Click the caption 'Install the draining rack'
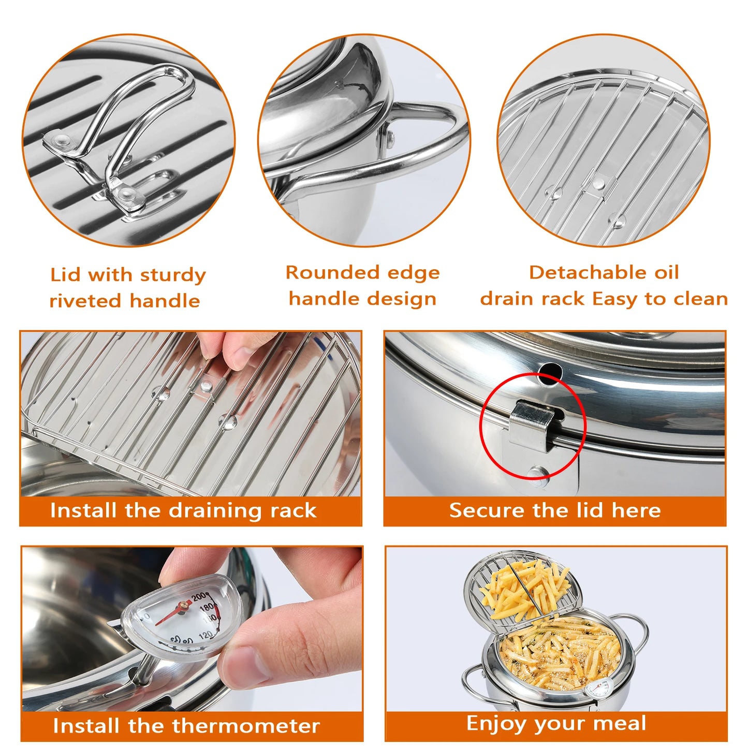click(x=183, y=510)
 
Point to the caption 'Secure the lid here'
click(x=555, y=510)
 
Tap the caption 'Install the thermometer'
click(x=186, y=726)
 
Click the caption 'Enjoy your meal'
click(x=556, y=723)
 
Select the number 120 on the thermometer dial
click(x=205, y=635)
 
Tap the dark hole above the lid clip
click(x=550, y=372)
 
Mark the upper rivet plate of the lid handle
click(x=61, y=140)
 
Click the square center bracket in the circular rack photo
click(x=599, y=182)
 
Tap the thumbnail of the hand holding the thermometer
click(x=192, y=629)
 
